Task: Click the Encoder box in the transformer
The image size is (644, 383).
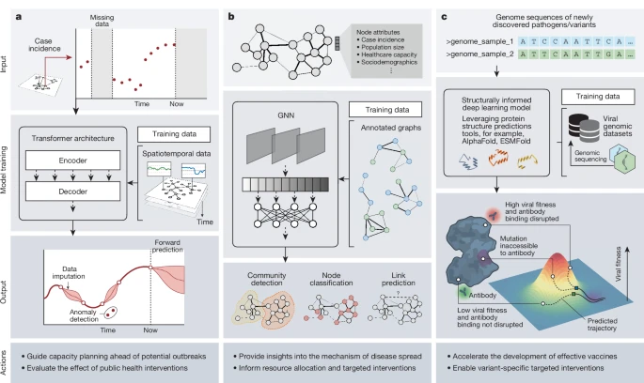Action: (72, 161)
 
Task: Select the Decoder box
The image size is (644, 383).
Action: (72, 191)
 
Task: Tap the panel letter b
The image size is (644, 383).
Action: (231, 17)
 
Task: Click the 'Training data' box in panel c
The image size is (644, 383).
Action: (598, 97)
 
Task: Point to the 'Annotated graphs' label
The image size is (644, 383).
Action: (390, 128)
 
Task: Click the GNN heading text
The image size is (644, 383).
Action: (286, 115)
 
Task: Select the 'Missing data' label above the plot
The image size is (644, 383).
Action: (102, 21)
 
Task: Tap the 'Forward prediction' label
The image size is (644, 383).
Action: (167, 246)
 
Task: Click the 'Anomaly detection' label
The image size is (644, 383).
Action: (84, 315)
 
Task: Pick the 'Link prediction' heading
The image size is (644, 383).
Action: (398, 279)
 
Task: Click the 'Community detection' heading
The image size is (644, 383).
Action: (267, 279)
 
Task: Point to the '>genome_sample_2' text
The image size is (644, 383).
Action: (479, 54)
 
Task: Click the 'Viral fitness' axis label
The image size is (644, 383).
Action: (619, 264)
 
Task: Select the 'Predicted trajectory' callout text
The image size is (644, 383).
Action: (602, 325)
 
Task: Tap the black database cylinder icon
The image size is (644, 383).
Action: (578, 125)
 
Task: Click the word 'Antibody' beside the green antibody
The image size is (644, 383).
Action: (482, 295)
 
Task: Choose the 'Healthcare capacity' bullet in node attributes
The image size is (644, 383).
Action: (389, 54)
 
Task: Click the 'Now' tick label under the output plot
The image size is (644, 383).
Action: (150, 329)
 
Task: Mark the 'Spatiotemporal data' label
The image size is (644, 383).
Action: (176, 154)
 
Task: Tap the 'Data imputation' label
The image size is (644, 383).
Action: (69, 272)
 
